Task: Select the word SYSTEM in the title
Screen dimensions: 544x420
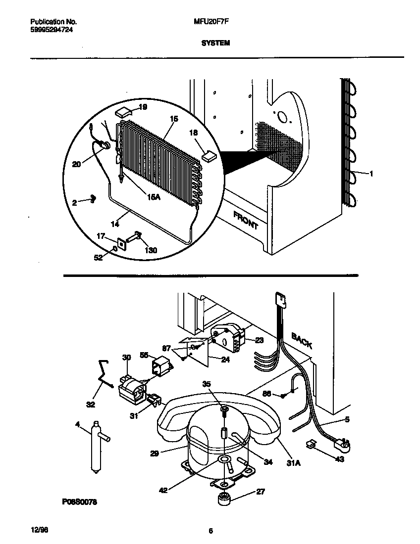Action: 215,43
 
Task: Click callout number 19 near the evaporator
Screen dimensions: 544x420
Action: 143,107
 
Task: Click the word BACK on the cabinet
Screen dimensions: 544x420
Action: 302,341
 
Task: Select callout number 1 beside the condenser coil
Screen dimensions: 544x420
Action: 371,173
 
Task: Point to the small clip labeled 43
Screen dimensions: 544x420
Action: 312,445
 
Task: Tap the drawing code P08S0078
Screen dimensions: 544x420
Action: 79,502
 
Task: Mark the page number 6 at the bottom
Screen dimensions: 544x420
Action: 210,531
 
